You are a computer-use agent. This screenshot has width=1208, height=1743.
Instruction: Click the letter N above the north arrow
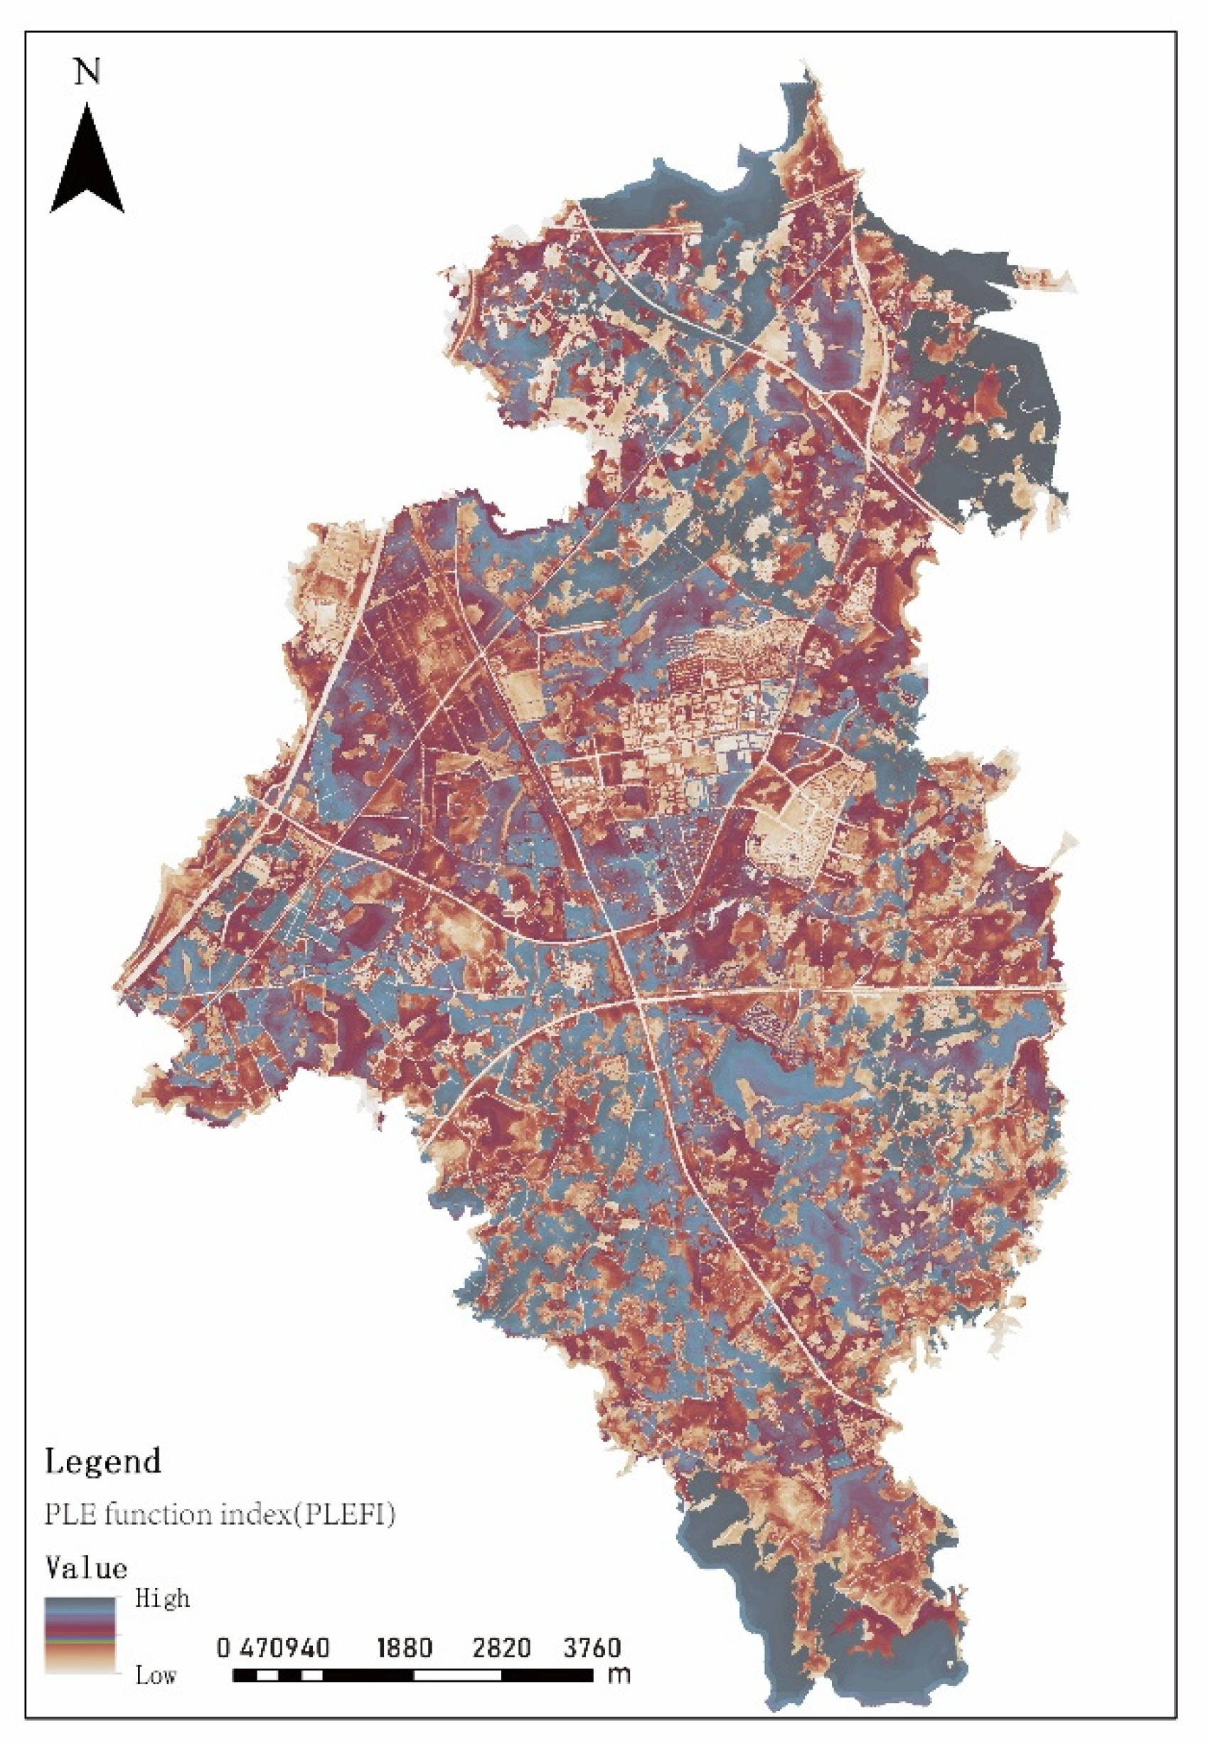[x=87, y=72]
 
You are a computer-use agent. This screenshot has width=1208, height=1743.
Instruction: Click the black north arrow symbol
[x=87, y=163]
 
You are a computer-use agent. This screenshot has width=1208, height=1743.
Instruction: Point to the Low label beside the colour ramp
[x=156, y=1675]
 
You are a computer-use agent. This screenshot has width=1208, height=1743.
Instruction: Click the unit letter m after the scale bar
[x=619, y=1674]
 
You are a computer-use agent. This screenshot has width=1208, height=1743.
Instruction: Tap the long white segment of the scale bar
[x=457, y=1675]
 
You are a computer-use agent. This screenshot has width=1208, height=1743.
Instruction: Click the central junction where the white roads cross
[x=640, y=1000]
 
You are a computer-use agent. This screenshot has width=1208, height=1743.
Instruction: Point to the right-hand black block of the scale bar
[x=547, y=1675]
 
